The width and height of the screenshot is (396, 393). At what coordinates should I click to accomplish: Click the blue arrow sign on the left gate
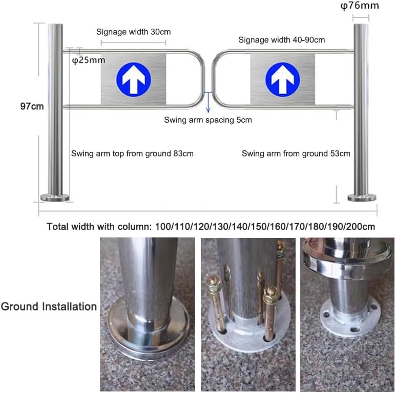133,78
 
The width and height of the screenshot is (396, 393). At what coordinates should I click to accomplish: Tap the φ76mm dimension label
361,6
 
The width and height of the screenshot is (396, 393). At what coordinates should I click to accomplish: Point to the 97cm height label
31,106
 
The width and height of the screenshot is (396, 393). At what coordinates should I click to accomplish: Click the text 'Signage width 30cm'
133,32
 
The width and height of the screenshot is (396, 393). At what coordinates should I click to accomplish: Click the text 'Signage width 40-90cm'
281,40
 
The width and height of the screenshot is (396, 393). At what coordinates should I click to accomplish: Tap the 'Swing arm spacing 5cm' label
208,120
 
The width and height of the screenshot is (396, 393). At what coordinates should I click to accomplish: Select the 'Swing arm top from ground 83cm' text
132,153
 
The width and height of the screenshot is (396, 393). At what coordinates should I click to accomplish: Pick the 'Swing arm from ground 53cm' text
296,153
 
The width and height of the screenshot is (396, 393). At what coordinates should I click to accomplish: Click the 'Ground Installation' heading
49,307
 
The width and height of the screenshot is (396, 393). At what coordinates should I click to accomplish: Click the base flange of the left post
55,198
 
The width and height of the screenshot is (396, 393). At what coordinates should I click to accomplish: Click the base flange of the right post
361,198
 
